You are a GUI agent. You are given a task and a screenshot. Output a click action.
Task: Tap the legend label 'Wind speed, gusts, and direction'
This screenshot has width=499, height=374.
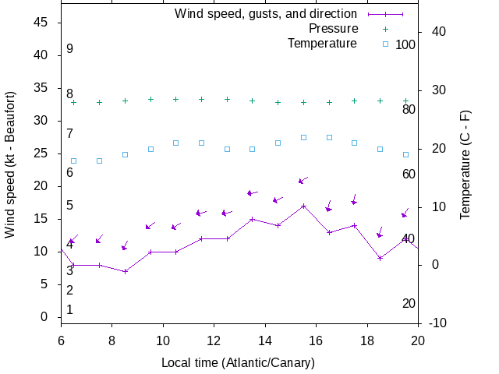265,13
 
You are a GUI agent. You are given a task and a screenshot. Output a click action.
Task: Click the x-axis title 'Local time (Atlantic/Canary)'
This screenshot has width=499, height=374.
238,362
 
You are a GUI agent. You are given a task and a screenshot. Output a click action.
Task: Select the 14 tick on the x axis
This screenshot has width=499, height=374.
264,340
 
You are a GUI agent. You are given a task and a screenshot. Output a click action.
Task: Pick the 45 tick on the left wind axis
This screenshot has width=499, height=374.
42,23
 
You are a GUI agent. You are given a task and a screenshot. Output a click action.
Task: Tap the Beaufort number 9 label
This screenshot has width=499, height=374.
69,48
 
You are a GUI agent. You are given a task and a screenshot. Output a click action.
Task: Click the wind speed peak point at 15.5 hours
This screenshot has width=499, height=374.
303,206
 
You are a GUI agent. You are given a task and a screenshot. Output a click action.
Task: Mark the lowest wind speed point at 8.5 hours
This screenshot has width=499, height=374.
125,271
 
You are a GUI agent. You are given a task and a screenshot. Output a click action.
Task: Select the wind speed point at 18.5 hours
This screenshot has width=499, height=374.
380,258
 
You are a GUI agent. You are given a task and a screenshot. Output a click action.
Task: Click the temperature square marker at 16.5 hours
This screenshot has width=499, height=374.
329,137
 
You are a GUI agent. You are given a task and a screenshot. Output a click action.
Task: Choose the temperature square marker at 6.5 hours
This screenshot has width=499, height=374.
74,161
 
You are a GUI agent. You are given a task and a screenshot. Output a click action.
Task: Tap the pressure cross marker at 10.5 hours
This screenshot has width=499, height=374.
176,99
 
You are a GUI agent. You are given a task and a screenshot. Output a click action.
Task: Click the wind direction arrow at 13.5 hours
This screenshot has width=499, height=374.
252,192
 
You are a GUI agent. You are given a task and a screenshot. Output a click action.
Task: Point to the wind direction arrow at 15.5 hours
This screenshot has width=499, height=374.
303,181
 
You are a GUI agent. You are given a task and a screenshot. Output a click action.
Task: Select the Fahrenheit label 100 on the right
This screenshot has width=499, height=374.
405,44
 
